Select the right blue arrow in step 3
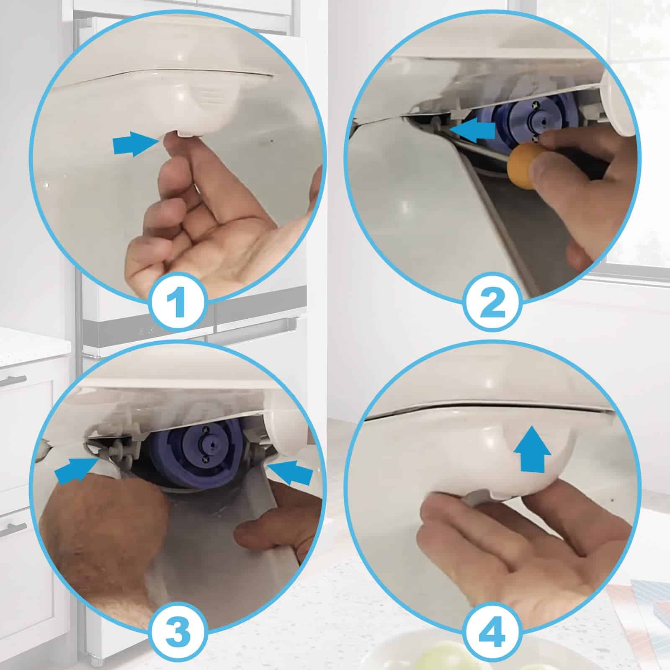290,472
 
